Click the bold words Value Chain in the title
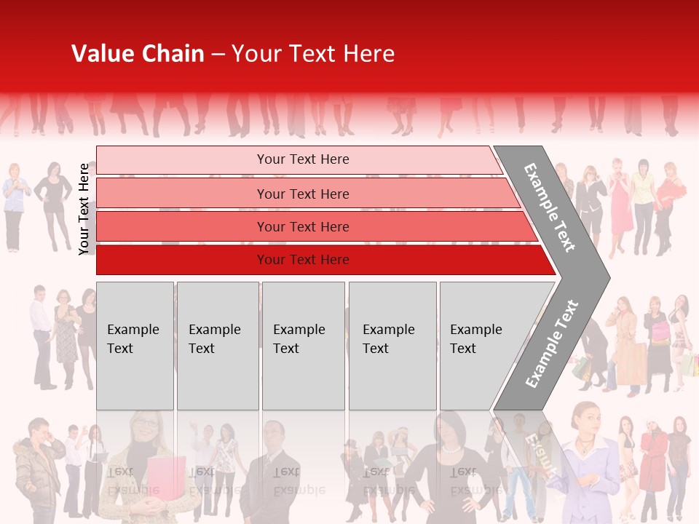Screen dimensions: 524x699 coord(138,54)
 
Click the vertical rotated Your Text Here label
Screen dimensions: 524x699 coord(84,209)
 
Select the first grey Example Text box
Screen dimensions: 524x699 coord(135,346)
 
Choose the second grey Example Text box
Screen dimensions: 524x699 coord(217,346)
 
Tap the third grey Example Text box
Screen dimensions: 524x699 coord(303,346)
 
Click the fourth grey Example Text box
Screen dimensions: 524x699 coord(392,346)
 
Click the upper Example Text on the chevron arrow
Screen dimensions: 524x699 coord(550,207)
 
